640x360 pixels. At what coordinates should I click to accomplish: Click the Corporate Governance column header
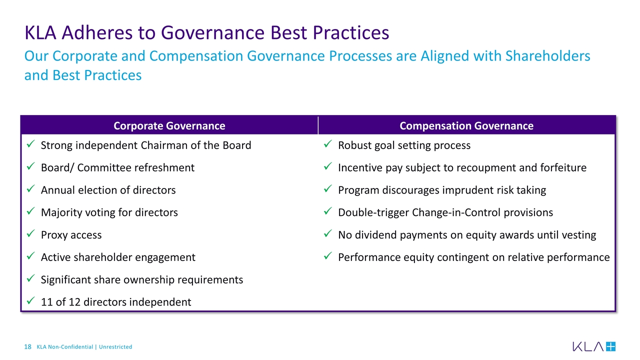point(169,125)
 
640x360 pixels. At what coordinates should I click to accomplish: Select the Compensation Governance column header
point(466,125)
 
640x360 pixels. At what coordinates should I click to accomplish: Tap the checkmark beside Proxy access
point(30,233)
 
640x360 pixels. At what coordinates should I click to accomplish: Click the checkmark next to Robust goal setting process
point(327,144)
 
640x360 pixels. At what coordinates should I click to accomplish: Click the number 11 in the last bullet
point(46,302)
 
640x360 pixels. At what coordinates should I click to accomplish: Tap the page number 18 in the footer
point(27,347)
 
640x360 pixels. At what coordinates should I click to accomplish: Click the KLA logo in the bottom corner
point(594,346)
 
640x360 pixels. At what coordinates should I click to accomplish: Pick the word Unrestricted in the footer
point(115,347)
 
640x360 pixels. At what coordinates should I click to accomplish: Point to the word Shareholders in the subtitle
point(547,56)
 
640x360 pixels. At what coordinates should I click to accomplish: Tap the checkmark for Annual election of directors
point(30,189)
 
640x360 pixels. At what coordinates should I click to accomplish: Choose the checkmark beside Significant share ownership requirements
point(30,278)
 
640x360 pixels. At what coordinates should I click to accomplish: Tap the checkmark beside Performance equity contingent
point(327,256)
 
